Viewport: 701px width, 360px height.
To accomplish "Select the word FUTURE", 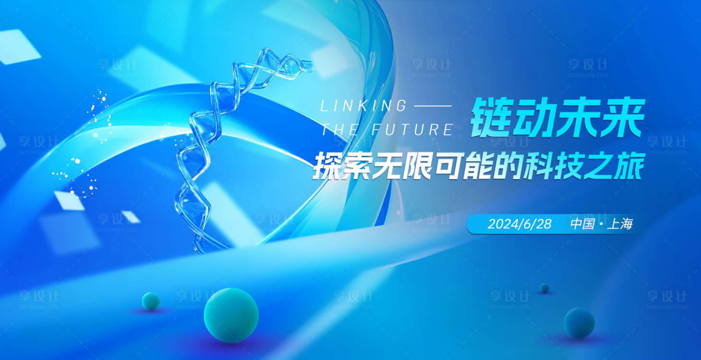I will coord(412,130).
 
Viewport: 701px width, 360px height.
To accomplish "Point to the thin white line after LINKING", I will coord(432,106).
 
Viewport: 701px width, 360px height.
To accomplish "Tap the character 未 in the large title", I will coord(578,119).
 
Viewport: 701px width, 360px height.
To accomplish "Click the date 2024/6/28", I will coord(520,224).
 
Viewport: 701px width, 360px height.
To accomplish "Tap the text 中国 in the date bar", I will coord(582,224).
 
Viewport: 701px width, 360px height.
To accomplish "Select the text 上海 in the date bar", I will coord(620,224).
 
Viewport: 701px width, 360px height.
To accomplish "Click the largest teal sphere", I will coord(231,315).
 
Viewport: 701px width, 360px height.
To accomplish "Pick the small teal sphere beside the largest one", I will coord(151,301).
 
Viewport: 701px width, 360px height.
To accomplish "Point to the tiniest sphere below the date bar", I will coord(544,288).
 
